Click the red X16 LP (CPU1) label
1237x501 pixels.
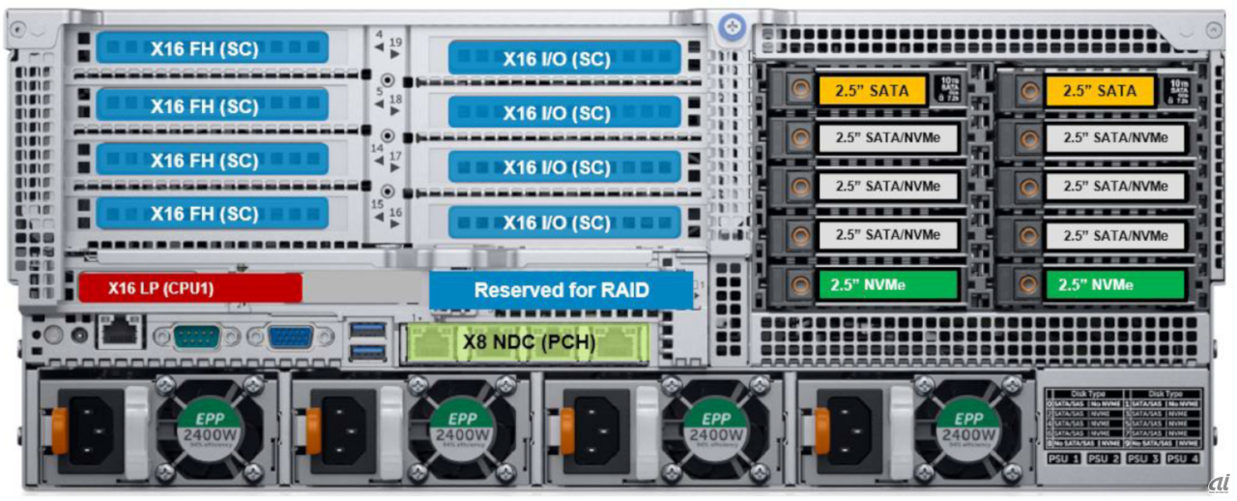(x=189, y=287)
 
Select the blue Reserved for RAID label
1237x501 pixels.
(x=561, y=289)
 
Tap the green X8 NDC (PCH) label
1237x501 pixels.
(x=526, y=341)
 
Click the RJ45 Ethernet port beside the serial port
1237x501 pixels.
(x=122, y=332)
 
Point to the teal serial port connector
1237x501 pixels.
(x=198, y=336)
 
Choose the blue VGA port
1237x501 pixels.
(x=290, y=336)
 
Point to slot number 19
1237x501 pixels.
(x=395, y=44)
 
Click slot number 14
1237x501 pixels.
(x=379, y=148)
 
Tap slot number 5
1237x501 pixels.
(x=379, y=94)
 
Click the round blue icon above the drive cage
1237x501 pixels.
(x=733, y=26)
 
